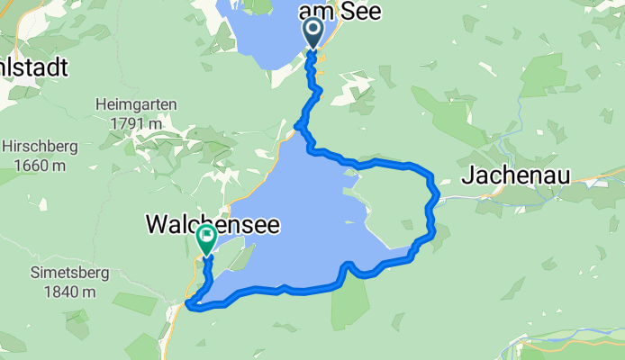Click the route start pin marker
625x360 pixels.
coord(314,34)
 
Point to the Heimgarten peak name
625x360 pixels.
coord(132,104)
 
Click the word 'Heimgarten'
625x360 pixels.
coord(132,104)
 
